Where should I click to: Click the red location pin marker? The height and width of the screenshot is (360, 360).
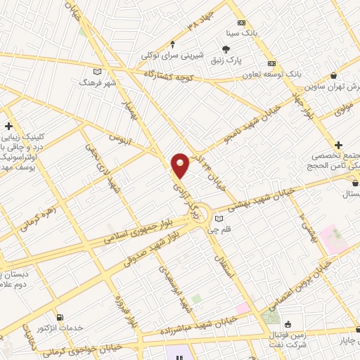click(x=181, y=165)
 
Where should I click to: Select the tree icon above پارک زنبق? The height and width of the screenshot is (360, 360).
click(x=226, y=49)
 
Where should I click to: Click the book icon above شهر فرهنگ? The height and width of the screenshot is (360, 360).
click(x=97, y=71)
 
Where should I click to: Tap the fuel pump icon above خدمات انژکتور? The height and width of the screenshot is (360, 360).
click(x=59, y=318)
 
